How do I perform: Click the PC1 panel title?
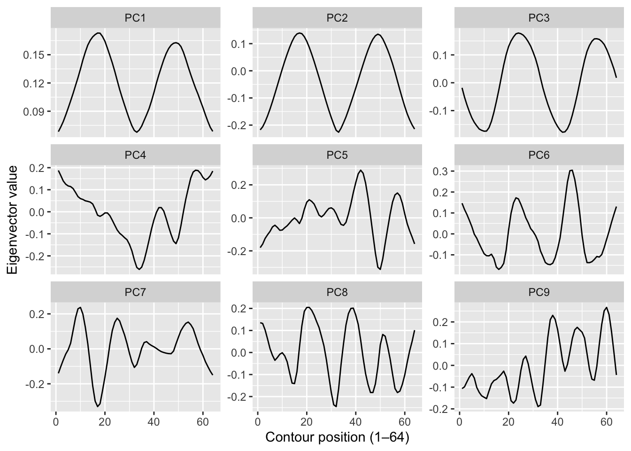[x=135, y=18]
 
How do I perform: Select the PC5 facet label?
[x=337, y=155]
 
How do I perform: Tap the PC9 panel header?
[x=539, y=292]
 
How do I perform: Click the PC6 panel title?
[x=539, y=155]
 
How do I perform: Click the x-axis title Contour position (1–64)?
[x=337, y=437]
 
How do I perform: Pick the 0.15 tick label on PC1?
[x=34, y=55]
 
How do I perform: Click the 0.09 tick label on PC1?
[x=34, y=112]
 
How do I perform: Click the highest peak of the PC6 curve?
[x=571, y=170]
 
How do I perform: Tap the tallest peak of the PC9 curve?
[x=607, y=307]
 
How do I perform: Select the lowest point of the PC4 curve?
[x=139, y=269]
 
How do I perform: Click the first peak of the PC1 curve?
[x=99, y=33]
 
